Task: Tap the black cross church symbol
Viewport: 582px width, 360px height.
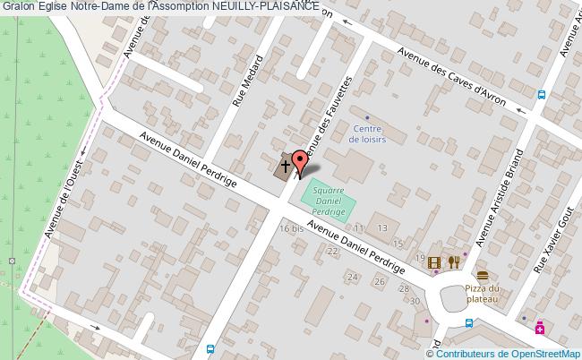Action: click(285, 166)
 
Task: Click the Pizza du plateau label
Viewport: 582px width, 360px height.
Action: click(483, 294)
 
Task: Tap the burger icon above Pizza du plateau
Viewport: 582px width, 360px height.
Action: click(483, 274)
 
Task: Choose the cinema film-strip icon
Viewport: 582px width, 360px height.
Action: click(434, 262)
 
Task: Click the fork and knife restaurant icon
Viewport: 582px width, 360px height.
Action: click(454, 262)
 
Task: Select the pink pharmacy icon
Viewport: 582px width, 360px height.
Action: click(540, 329)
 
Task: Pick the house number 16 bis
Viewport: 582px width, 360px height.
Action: click(291, 229)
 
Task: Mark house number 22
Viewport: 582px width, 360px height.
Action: click(332, 251)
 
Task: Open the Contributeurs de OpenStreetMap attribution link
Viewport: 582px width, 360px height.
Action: click(512, 353)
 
